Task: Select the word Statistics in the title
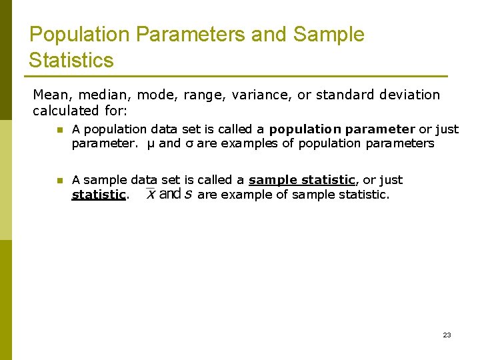click(x=71, y=61)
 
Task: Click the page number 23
click(x=447, y=335)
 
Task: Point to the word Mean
click(x=50, y=95)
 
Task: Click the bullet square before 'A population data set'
click(x=59, y=130)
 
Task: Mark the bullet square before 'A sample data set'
click(x=59, y=181)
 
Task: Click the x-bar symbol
click(x=151, y=194)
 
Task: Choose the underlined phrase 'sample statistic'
click(x=301, y=180)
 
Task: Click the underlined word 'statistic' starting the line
click(x=99, y=195)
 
